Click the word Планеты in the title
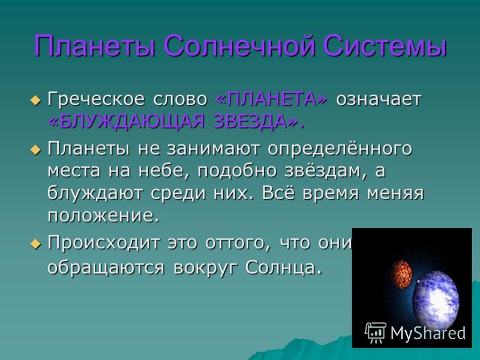click(95, 47)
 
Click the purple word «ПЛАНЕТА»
click(271, 99)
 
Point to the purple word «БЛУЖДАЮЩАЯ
click(126, 122)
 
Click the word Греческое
click(96, 100)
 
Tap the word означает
click(379, 100)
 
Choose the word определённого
click(340, 149)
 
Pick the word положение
click(104, 216)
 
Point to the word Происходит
click(104, 243)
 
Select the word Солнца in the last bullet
click(284, 268)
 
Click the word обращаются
click(106, 268)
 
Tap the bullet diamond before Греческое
click(36, 100)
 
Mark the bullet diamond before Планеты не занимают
click(36, 150)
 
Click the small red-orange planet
click(401, 275)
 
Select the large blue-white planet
click(436, 298)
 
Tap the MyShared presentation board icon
click(376, 332)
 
